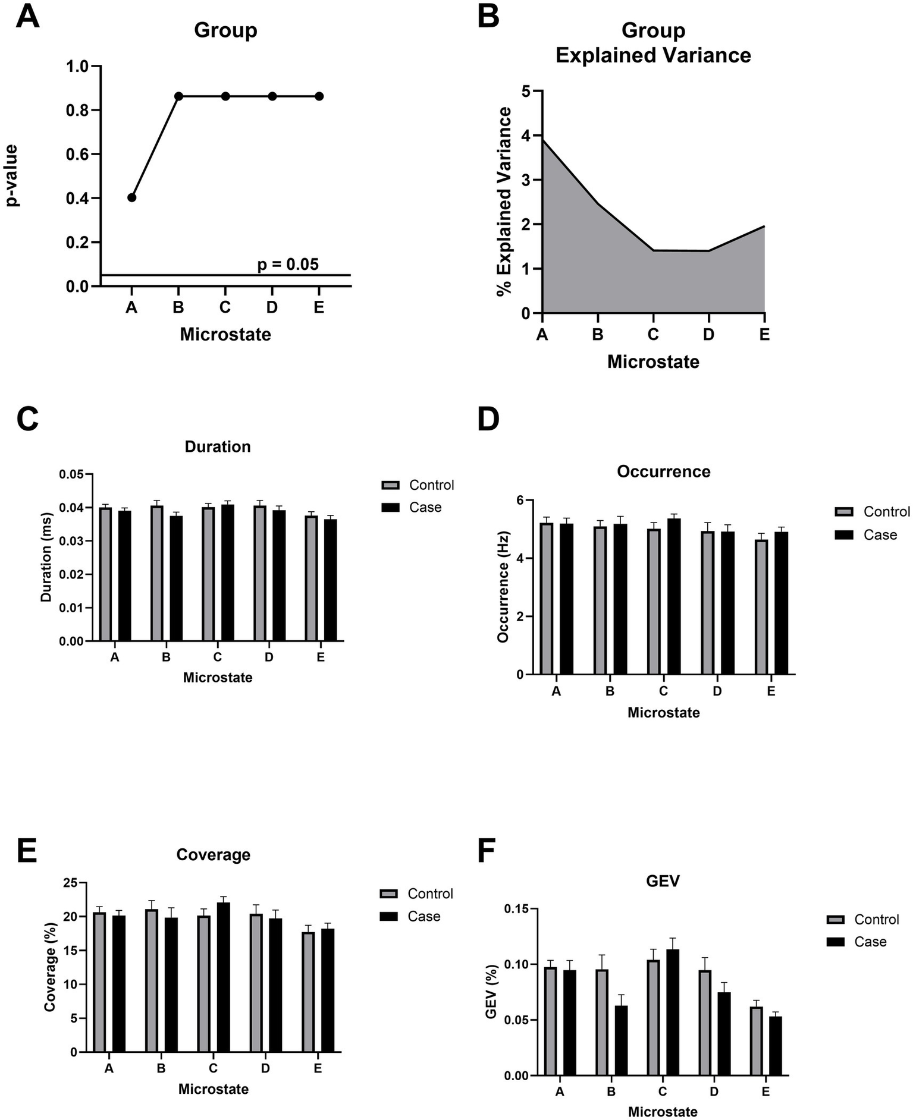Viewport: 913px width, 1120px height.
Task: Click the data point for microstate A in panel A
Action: click(131, 197)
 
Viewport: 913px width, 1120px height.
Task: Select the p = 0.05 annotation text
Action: click(288, 265)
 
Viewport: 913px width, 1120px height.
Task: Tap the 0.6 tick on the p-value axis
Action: click(80, 155)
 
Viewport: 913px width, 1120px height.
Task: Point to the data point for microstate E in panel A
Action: click(319, 96)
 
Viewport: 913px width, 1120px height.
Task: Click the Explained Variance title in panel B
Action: click(652, 55)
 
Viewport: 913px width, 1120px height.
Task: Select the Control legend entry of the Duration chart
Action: click(418, 485)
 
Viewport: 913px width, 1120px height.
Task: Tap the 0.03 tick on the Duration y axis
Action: click(73, 541)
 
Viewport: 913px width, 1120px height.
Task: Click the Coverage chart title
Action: click(213, 855)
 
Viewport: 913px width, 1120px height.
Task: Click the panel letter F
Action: click(487, 851)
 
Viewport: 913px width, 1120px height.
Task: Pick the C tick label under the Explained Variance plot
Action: click(653, 335)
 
